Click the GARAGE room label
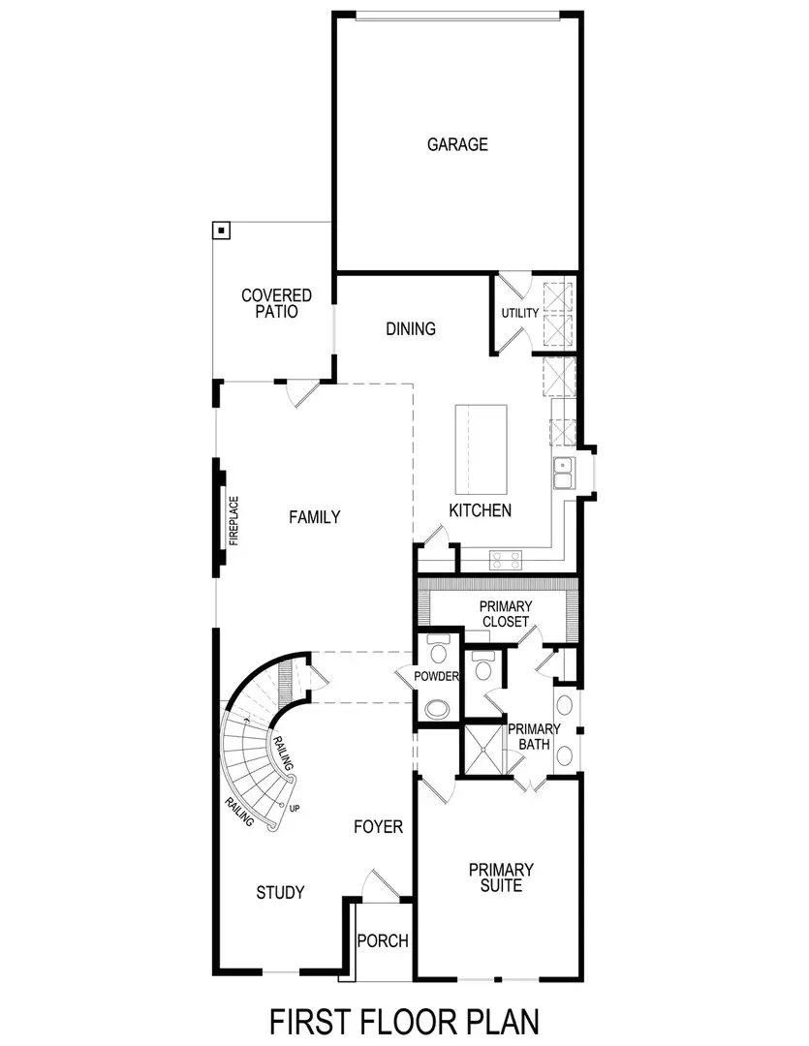coord(457,145)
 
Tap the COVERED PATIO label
coord(276,304)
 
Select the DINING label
coord(411,329)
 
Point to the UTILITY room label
coord(519,313)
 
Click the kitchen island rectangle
coord(482,449)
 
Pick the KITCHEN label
coord(480,510)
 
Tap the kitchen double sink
coord(564,475)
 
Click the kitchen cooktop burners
coord(506,559)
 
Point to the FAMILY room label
coord(315,517)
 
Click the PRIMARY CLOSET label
coord(505,614)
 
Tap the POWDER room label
coord(435,676)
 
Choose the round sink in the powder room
coord(437,709)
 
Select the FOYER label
coord(378,827)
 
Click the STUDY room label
coord(281,892)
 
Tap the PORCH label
coord(383,940)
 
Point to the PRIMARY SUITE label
coord(501,877)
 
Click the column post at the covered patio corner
coord(222,231)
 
